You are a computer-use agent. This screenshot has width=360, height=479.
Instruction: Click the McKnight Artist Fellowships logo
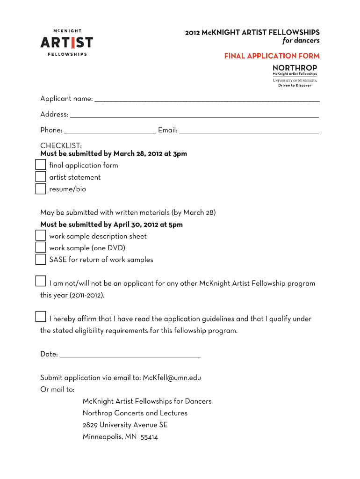(66, 43)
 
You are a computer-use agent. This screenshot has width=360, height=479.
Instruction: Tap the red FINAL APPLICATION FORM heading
(272, 56)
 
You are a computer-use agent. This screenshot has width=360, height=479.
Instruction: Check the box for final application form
(41, 165)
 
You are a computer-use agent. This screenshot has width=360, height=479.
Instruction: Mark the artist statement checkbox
(41, 177)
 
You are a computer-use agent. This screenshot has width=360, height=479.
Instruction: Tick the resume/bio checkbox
(41, 189)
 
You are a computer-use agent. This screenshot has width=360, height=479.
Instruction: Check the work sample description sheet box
(41, 236)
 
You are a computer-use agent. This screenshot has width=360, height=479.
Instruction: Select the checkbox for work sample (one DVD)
(41, 247)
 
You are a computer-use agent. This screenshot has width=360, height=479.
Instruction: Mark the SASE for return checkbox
(41, 259)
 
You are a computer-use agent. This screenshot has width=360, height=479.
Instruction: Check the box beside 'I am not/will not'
(41, 281)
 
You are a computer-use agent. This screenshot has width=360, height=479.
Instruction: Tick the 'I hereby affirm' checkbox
(41, 317)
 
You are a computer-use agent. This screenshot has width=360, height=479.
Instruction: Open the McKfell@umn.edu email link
(172, 378)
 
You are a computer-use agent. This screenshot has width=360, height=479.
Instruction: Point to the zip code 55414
(149, 437)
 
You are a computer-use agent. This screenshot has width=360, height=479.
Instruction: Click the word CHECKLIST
(61, 146)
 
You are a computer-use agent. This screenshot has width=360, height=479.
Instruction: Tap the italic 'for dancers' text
(301, 41)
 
